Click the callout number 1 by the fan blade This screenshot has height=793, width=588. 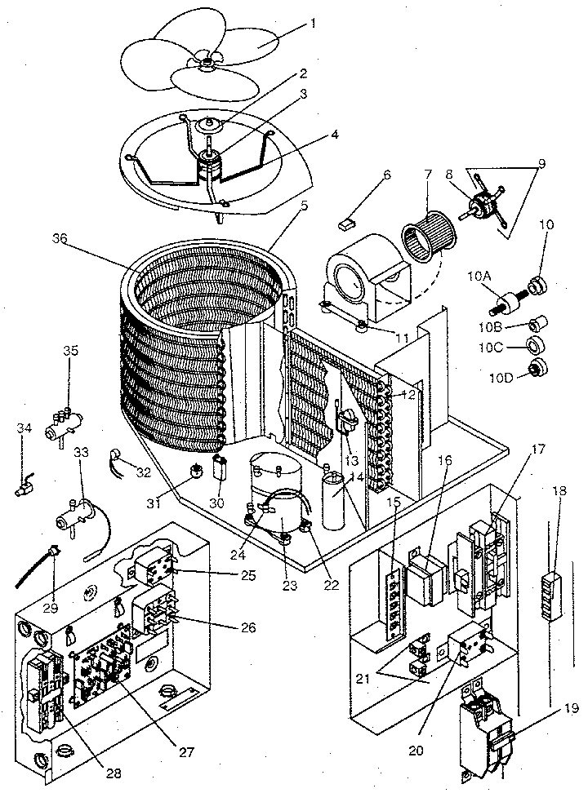point(313,24)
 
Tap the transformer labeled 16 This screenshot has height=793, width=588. point(424,581)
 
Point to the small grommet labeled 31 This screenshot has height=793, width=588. point(197,472)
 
